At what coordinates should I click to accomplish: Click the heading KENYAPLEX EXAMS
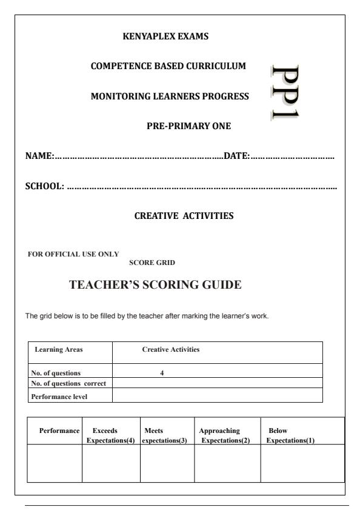(x=165, y=36)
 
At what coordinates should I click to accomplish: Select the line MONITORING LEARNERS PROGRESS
(x=169, y=96)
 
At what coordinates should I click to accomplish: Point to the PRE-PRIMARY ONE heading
(x=188, y=126)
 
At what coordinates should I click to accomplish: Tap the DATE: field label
(x=237, y=156)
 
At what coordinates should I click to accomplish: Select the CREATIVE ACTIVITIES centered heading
(x=184, y=216)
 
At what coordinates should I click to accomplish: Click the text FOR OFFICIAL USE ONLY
(x=73, y=253)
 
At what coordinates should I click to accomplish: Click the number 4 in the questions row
(x=162, y=374)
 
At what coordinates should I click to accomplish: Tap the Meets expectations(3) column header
(x=165, y=435)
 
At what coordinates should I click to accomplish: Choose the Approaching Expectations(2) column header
(x=224, y=435)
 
